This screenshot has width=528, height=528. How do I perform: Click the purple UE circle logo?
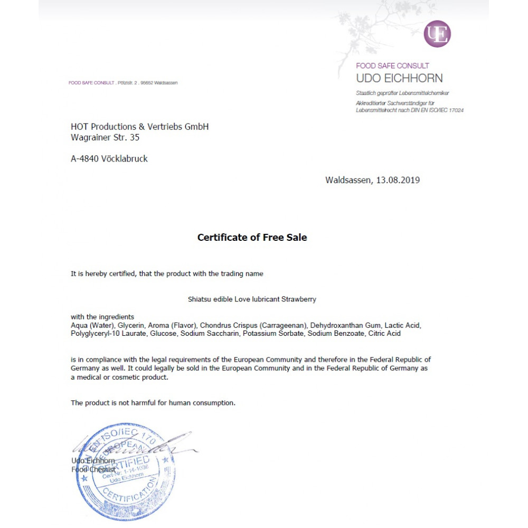click(x=437, y=34)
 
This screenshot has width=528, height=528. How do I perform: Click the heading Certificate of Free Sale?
click(x=252, y=238)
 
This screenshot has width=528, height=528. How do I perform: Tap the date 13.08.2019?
click(x=398, y=180)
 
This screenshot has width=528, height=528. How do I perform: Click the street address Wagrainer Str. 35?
click(x=105, y=137)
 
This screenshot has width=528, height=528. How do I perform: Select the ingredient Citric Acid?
click(x=387, y=334)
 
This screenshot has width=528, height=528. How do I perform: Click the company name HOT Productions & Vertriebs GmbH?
click(x=140, y=127)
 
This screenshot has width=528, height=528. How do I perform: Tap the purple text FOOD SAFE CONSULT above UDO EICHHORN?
click(x=392, y=66)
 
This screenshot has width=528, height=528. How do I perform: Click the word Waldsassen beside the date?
click(x=348, y=180)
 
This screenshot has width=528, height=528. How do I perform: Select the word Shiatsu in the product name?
click(x=200, y=299)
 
